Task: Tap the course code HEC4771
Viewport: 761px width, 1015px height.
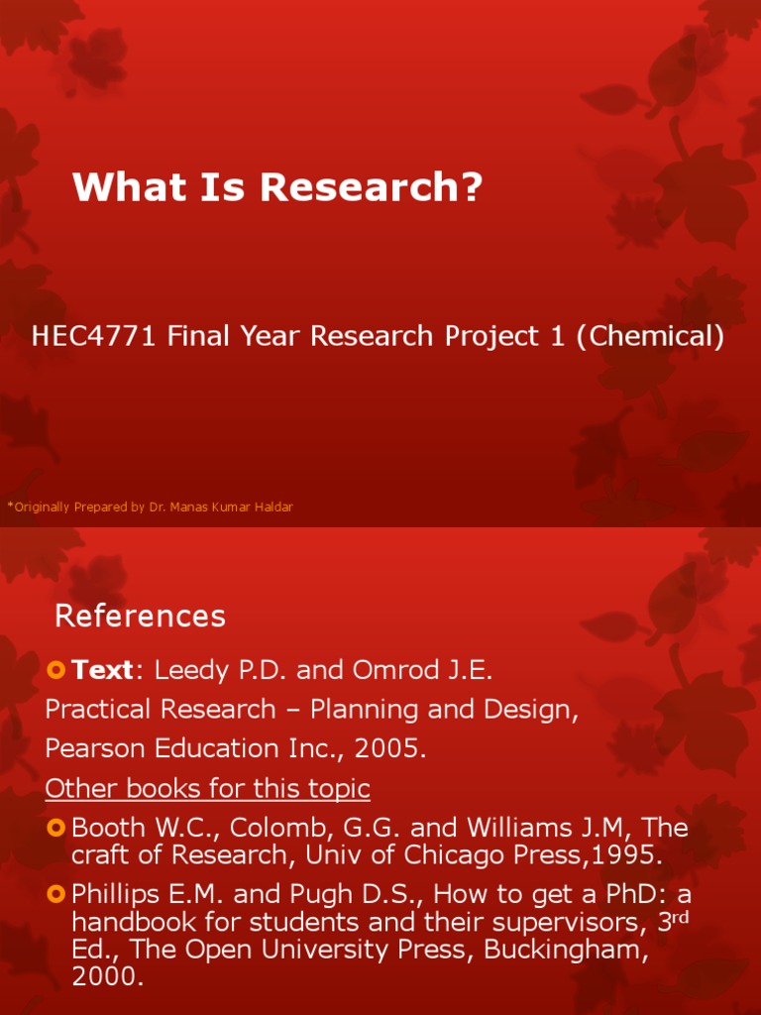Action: (95, 337)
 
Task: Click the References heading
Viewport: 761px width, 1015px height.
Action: (140, 617)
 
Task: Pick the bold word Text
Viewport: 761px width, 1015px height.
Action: (102, 671)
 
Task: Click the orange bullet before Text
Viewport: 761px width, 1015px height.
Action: (55, 671)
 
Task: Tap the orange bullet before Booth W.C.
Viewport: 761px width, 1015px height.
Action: (55, 827)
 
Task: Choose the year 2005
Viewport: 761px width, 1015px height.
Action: (394, 749)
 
